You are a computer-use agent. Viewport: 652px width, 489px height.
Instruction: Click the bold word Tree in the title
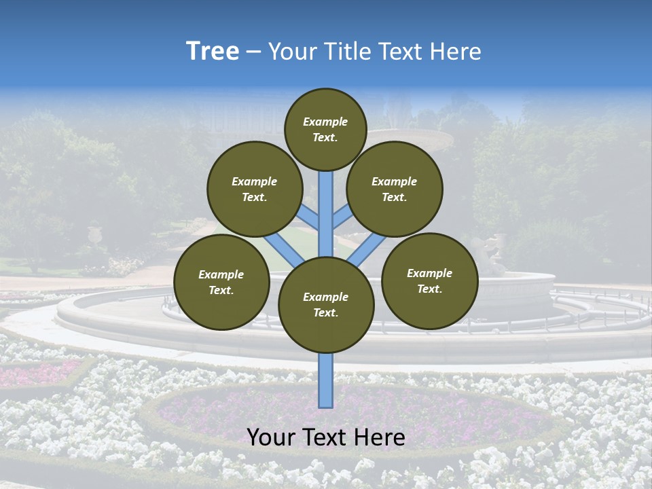[213, 52]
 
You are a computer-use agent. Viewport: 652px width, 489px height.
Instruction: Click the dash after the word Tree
[253, 52]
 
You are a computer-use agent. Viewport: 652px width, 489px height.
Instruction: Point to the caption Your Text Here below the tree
[326, 437]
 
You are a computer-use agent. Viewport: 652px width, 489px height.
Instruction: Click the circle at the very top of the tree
[325, 129]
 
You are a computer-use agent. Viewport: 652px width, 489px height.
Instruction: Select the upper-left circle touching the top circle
[254, 189]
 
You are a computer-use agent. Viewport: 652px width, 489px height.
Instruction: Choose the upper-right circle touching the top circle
[395, 189]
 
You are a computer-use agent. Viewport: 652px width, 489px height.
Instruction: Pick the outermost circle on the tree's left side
[221, 282]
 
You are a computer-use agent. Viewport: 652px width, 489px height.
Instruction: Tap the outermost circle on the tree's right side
[429, 280]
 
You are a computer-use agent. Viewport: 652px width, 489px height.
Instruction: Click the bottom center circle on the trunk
[326, 304]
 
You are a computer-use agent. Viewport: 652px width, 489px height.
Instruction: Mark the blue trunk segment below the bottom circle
[326, 380]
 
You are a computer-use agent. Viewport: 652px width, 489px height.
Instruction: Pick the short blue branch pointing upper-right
[343, 218]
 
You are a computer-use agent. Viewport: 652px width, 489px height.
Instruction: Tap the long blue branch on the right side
[367, 249]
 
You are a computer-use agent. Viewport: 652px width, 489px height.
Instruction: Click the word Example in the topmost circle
[325, 122]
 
